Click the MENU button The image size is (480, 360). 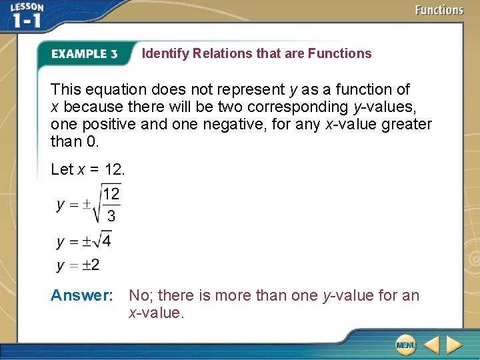405,345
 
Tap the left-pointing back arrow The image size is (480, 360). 431,345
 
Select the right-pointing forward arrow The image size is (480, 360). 454,345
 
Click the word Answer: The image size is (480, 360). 82,295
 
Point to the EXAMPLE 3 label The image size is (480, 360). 85,54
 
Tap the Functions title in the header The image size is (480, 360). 439,10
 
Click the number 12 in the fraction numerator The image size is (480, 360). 111,194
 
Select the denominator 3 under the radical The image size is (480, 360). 111,215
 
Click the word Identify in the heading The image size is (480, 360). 166,53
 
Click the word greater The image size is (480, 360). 407,124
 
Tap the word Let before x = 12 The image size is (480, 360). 62,169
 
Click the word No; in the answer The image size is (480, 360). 141,295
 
